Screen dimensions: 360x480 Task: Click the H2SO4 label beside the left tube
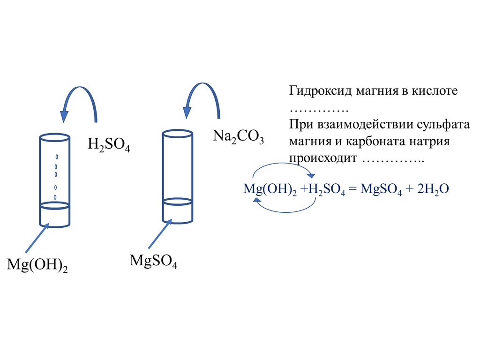(108, 144)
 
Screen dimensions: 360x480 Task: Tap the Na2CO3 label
(238, 136)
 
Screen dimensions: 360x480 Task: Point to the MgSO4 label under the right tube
(153, 261)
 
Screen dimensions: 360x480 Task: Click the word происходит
(323, 158)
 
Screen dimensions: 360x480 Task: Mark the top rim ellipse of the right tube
(177, 133)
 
